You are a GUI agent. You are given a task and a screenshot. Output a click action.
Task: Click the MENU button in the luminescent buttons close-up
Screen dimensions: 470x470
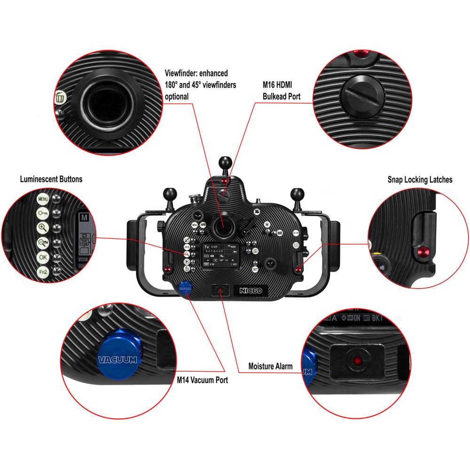pos(42,198)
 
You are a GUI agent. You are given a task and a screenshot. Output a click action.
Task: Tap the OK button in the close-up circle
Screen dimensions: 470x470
pos(43,258)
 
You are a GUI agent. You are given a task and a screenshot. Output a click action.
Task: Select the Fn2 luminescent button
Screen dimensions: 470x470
pos(43,272)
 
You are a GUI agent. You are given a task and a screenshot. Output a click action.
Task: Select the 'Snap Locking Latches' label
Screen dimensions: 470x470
pos(420,180)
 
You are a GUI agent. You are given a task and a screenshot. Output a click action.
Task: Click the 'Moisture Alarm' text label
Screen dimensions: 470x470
pos(270,366)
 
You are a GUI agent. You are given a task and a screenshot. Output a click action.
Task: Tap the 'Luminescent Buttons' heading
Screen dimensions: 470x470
pos(51,179)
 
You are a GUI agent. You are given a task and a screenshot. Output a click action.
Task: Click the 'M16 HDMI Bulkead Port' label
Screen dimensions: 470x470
pos(281,91)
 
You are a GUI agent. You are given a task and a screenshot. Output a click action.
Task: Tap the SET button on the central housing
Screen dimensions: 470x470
pos(255,269)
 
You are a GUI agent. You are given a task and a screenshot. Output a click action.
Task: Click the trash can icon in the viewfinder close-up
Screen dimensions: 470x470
pos(60,98)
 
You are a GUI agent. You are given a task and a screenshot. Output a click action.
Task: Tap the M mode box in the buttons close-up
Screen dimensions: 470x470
pos(84,218)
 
